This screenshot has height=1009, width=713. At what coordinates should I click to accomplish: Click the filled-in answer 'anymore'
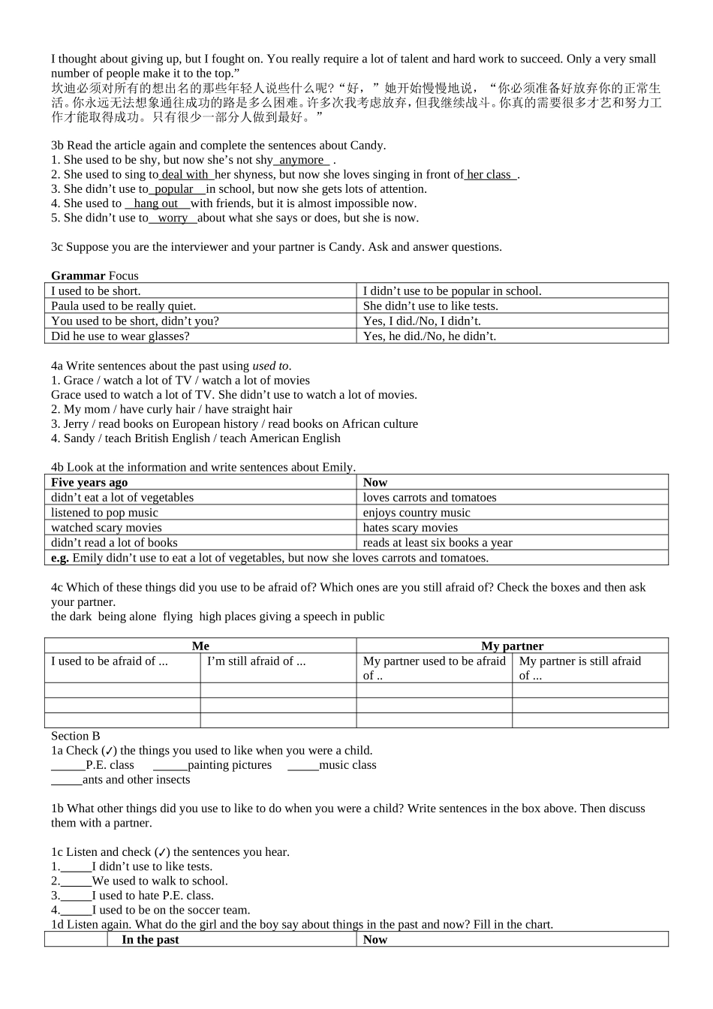pyautogui.click(x=301, y=160)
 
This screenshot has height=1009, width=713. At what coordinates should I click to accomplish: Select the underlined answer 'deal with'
pyautogui.click(x=185, y=174)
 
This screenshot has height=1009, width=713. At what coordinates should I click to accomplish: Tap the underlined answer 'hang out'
pyautogui.click(x=156, y=203)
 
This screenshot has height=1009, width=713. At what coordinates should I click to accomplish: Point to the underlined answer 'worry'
pyautogui.click(x=173, y=218)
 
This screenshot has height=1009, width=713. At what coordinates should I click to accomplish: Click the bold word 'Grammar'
pyautogui.click(x=78, y=276)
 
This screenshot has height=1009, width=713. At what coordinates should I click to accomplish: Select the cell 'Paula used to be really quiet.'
pyautogui.click(x=124, y=306)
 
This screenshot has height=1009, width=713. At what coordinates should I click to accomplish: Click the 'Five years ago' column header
pyautogui.click(x=89, y=482)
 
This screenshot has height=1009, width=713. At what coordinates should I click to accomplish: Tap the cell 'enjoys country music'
pyautogui.click(x=417, y=512)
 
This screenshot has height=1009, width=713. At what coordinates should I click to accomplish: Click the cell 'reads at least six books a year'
pyautogui.click(x=438, y=542)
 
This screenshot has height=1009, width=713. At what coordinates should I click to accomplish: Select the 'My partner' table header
pyautogui.click(x=512, y=646)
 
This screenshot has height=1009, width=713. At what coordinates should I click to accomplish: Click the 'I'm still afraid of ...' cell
pyautogui.click(x=257, y=661)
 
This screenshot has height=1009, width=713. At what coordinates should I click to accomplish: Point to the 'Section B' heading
pyautogui.click(x=75, y=736)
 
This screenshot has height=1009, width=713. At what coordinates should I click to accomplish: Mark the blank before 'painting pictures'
pyautogui.click(x=170, y=766)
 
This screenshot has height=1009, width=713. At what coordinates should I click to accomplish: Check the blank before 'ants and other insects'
pyautogui.click(x=66, y=780)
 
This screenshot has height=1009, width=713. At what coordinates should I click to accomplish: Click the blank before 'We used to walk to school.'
pyautogui.click(x=76, y=881)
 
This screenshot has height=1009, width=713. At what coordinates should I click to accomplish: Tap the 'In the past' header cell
pyautogui.click(x=150, y=939)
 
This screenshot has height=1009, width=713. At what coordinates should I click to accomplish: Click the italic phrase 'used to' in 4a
pyautogui.click(x=270, y=366)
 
